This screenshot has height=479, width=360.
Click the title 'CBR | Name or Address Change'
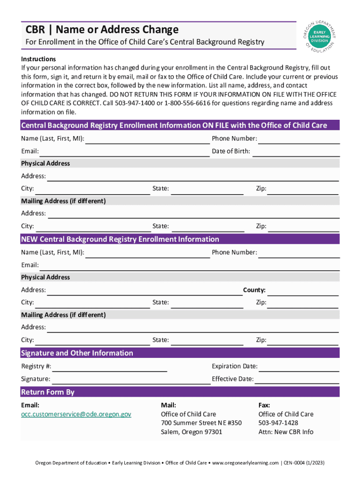pos(102,30)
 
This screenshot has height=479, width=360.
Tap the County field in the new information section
pos(302,290)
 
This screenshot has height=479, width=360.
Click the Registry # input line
pos(110,367)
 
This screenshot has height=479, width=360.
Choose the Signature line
pos(131,379)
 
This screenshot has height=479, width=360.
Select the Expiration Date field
pos(299,367)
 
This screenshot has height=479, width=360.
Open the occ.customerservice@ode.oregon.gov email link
pos(76,414)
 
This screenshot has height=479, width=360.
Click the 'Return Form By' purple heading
pos(48,392)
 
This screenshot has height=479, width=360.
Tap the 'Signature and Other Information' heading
pos(77,353)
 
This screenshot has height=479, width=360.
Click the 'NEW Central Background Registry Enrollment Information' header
pos(120,239)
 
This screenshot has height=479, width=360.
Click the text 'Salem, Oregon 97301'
pos(192,432)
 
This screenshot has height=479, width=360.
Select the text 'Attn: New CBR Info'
pos(286,432)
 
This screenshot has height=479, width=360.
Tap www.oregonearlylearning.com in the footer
pos(245,463)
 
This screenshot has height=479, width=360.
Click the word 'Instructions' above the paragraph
pos(38,59)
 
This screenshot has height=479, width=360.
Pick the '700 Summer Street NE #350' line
pos(201,423)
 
